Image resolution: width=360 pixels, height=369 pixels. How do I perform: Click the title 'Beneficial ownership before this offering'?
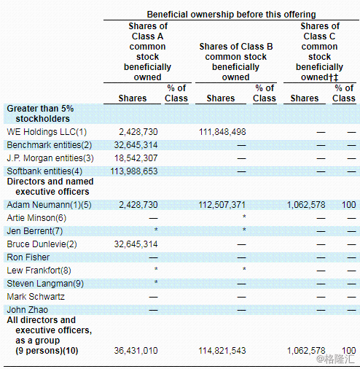click(231, 15)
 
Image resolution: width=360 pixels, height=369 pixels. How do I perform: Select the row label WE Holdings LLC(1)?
click(47, 132)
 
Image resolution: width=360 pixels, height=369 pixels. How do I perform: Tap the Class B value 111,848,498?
click(222, 132)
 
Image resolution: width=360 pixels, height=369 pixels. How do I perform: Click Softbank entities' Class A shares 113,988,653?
click(134, 171)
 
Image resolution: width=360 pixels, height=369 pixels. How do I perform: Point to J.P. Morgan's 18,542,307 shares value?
click(136, 158)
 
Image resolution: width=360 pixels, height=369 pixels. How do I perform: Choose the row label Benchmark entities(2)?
click(50, 145)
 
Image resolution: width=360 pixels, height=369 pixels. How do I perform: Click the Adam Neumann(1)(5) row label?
click(49, 205)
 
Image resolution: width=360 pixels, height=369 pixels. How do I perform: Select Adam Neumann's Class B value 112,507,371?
click(222, 205)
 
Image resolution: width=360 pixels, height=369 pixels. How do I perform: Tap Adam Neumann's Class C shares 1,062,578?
click(306, 205)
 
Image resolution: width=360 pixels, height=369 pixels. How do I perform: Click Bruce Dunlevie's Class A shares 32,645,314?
click(136, 244)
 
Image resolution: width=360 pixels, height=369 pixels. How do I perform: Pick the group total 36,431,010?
click(136, 351)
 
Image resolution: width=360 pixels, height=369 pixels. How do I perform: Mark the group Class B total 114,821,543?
click(222, 351)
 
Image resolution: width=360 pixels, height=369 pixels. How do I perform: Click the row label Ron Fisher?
click(28, 257)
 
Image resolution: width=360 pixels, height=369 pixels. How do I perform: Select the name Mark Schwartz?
click(36, 297)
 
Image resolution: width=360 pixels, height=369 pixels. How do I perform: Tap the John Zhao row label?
click(28, 310)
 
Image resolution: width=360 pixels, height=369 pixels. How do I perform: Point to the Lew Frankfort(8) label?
click(39, 271)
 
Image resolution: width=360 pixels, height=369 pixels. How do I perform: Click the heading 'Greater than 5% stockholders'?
click(40, 114)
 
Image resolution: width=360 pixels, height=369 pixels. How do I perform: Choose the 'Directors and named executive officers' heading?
click(50, 187)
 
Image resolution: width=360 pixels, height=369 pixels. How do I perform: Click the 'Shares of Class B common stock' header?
click(236, 52)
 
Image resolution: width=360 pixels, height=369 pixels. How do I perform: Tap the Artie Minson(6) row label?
click(36, 218)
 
